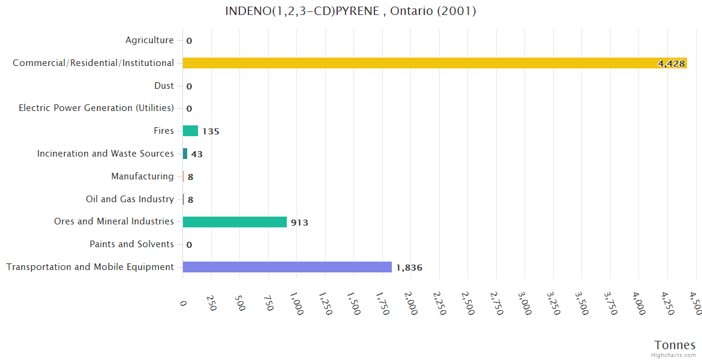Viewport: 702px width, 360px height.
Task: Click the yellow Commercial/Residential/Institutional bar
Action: tap(420, 63)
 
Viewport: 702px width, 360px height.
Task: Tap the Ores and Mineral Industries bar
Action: tap(235, 222)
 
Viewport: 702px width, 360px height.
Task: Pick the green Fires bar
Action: tap(190, 131)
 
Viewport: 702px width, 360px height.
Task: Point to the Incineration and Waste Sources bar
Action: tap(185, 154)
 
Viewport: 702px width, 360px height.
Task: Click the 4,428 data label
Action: tap(671, 64)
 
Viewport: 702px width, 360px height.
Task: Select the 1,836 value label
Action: tap(409, 268)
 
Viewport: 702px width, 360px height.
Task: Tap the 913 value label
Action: tap(299, 223)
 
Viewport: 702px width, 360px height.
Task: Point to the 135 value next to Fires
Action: tap(211, 131)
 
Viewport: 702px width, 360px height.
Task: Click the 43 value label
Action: tap(197, 154)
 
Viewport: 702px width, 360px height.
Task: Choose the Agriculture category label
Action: tap(149, 40)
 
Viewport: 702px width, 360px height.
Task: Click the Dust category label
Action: tap(164, 86)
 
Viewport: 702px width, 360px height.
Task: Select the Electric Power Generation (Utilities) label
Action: tap(96, 108)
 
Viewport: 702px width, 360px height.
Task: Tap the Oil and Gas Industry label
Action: tap(130, 199)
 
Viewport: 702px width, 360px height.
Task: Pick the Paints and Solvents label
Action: tap(131, 244)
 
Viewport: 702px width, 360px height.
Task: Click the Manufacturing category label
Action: tap(142, 176)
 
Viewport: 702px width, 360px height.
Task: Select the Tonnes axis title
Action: tap(674, 345)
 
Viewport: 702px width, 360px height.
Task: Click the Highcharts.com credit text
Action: tap(673, 355)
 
